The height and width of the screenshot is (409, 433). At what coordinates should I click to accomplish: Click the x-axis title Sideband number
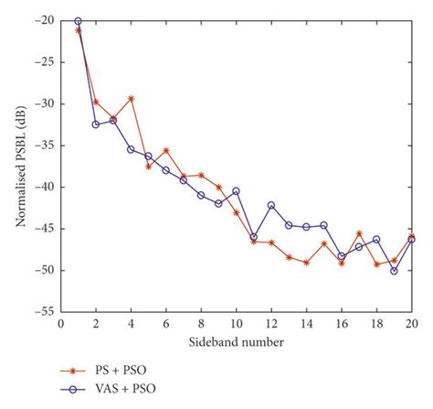(x=236, y=342)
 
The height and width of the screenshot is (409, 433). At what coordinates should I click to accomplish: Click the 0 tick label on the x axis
(x=60, y=323)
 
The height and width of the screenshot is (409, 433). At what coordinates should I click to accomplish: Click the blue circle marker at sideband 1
(x=78, y=20)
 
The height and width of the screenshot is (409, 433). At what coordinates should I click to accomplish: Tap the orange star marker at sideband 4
(x=131, y=99)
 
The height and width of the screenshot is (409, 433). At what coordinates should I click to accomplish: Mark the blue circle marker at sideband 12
(x=271, y=205)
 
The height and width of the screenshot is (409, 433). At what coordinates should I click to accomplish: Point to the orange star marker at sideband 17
(x=359, y=233)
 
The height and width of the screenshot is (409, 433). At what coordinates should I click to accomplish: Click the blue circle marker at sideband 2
(x=96, y=124)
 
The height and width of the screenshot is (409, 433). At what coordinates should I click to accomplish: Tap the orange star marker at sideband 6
(x=165, y=150)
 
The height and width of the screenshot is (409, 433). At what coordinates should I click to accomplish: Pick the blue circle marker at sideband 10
(x=236, y=191)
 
